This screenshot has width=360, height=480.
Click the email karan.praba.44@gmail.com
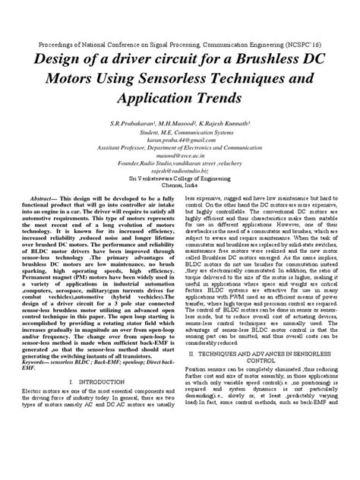[179, 142]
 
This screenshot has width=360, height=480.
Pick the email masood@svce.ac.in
[179, 159]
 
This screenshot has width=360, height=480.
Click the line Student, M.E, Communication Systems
[179, 134]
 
